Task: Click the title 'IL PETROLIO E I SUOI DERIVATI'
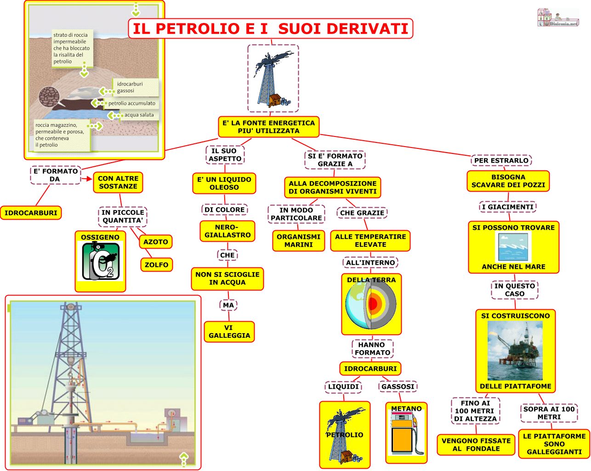click(x=270, y=28)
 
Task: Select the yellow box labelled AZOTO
click(x=156, y=242)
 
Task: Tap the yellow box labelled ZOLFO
click(x=156, y=265)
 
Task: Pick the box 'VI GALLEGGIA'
click(x=229, y=332)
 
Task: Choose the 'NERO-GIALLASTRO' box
click(x=227, y=231)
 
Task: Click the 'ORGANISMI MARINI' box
click(x=298, y=241)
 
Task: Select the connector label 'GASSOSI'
click(x=398, y=386)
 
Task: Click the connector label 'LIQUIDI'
click(x=343, y=386)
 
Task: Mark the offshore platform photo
click(x=515, y=351)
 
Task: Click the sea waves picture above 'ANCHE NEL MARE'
click(x=513, y=247)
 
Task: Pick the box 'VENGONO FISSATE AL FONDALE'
click(x=476, y=445)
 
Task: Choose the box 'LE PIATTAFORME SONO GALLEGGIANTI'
click(x=554, y=444)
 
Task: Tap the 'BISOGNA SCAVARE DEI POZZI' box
click(x=508, y=181)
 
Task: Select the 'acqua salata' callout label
click(x=139, y=115)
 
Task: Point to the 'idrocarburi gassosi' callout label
click(x=130, y=87)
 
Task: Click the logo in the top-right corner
click(x=558, y=18)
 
